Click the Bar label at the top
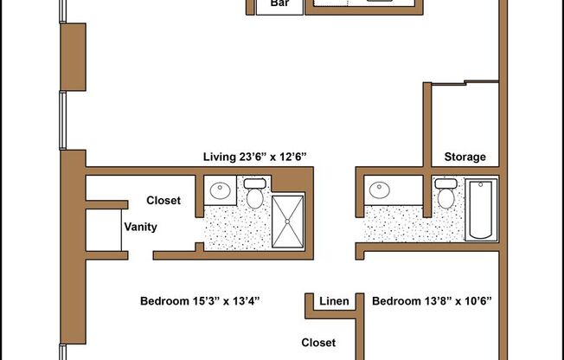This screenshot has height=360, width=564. (x=279, y=4)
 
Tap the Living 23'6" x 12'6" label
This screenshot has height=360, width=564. (x=255, y=157)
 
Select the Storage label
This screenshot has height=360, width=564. (x=465, y=157)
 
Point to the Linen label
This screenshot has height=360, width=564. (x=334, y=301)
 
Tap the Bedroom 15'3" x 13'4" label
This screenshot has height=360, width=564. (x=200, y=301)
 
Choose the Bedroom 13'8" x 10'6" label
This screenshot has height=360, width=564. (x=431, y=301)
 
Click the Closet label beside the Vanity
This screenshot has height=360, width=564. (x=163, y=201)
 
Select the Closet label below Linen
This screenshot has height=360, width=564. (x=318, y=343)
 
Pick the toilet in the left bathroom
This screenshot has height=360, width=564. (x=255, y=195)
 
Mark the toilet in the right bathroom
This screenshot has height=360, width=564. (x=445, y=195)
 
